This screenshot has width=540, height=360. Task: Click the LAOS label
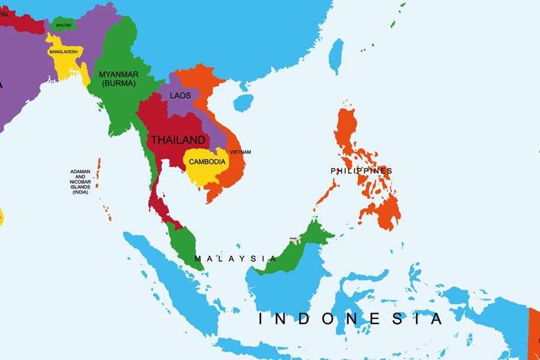pos(181,95)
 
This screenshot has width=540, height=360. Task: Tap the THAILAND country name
pos(178,140)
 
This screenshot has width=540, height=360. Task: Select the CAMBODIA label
pos(207,161)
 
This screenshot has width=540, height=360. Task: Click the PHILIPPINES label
pos(361,171)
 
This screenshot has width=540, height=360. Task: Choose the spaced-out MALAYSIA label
pos(235,259)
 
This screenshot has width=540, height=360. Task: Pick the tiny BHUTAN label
pos(64,25)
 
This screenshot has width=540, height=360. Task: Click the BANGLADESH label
pos(64,52)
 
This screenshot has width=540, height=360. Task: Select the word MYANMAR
pos(119,74)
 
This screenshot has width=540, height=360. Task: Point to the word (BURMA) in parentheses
pos(119,83)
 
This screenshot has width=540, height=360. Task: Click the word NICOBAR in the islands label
pos(80,181)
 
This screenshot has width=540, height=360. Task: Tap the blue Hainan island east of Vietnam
pos(243,103)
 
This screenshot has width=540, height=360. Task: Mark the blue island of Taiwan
pos(337,55)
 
